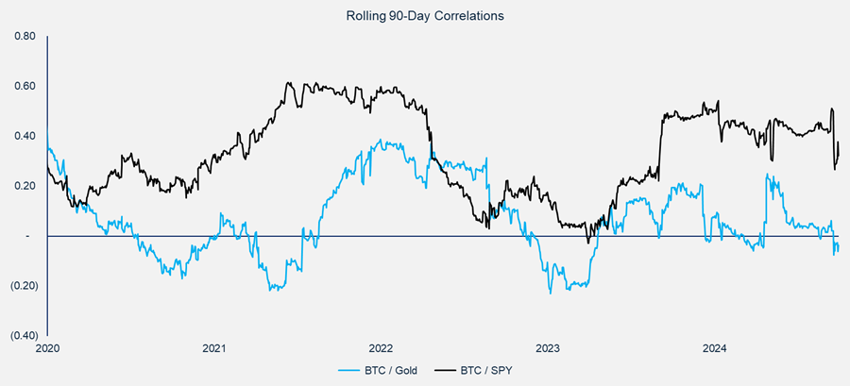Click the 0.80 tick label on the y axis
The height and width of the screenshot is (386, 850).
click(24, 37)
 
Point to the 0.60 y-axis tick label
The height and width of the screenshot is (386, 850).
click(24, 87)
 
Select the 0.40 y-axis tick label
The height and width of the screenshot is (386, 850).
click(24, 136)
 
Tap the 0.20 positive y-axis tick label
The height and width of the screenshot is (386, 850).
click(24, 186)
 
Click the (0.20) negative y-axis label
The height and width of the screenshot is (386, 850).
click(22, 286)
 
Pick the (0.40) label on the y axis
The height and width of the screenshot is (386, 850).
click(22, 335)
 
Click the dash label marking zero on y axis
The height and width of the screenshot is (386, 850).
click(26, 236)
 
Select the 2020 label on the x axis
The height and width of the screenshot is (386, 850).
click(47, 347)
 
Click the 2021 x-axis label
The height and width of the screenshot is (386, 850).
click(214, 347)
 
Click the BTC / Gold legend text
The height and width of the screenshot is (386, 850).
click(392, 370)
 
